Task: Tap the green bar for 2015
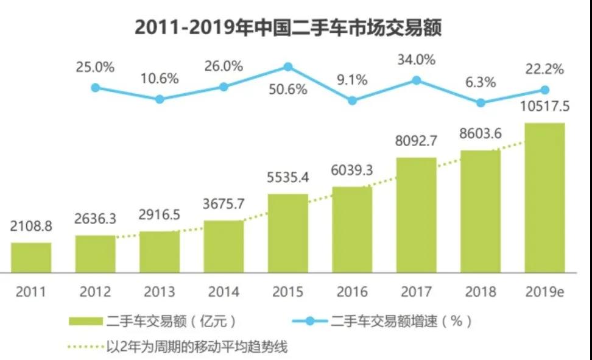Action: point(288,233)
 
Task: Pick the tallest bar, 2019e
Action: point(544,197)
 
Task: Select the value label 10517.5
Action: point(544,107)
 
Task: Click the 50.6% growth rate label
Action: point(288,90)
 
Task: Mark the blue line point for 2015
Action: point(288,66)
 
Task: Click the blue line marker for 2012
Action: point(95,88)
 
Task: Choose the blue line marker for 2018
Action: point(481,103)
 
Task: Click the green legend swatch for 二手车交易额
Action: point(85,321)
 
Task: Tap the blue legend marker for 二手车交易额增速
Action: point(310,321)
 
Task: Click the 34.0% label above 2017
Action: point(416,60)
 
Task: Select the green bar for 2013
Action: point(160,251)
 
